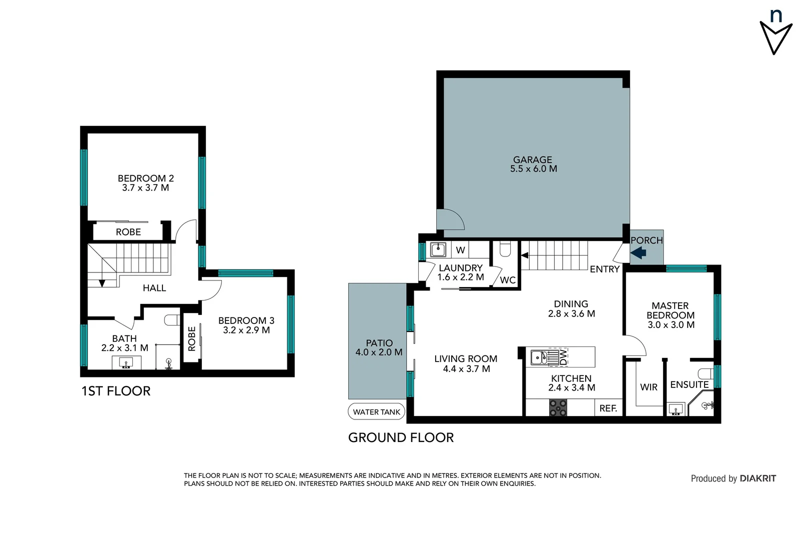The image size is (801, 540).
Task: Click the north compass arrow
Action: click(x=776, y=37)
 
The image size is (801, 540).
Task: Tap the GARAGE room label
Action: click(x=533, y=160)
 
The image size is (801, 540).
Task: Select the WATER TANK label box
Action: click(x=376, y=412)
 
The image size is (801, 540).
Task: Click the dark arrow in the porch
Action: click(x=639, y=253)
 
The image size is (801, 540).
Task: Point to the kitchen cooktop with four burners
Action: click(x=558, y=408)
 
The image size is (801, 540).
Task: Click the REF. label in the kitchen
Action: click(x=608, y=408)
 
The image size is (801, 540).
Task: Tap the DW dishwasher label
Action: click(x=563, y=357)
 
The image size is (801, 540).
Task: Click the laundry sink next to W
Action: click(x=438, y=249)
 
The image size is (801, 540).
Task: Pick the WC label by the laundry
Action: click(x=508, y=280)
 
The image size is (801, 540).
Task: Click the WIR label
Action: click(x=649, y=387)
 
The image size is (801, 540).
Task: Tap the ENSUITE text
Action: click(x=689, y=384)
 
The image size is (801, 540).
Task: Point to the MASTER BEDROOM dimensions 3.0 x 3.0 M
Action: click(x=671, y=325)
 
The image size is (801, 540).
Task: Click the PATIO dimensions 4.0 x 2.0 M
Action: click(x=379, y=352)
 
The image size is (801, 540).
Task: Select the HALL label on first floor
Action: click(x=154, y=288)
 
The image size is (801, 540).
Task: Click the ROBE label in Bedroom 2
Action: click(x=128, y=232)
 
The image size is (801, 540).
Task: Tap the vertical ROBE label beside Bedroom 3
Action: click(x=192, y=338)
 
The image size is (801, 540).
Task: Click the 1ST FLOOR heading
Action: click(x=116, y=391)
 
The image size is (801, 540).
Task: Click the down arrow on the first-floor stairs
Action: click(x=102, y=283)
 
